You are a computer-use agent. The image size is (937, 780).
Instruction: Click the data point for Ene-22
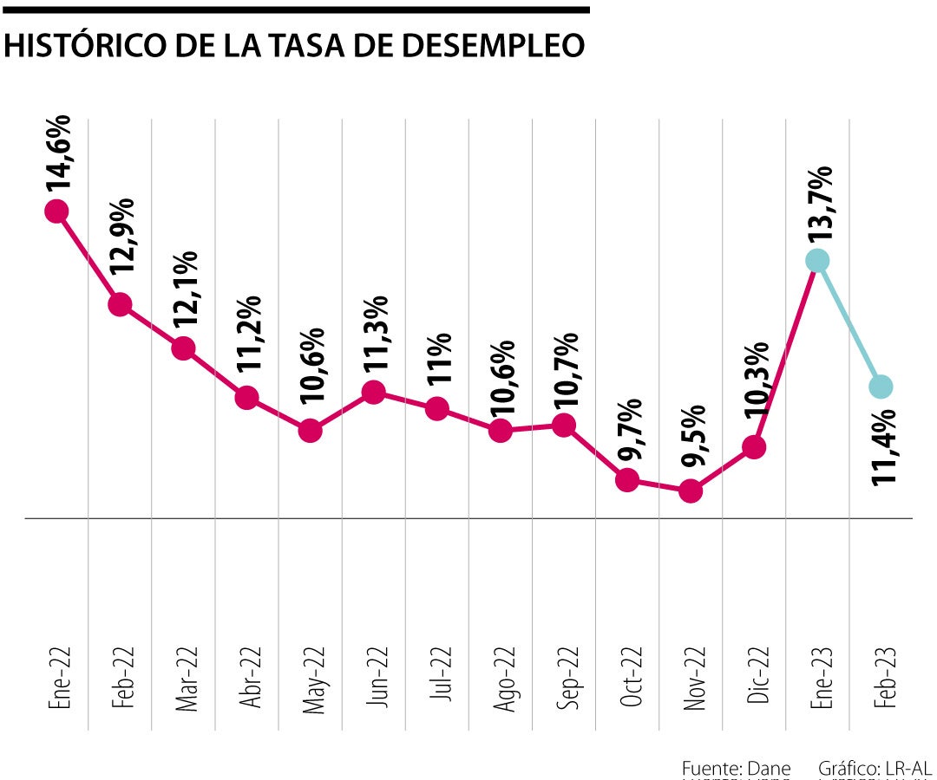point(56,211)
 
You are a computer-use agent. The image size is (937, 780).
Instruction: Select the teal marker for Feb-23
point(881,387)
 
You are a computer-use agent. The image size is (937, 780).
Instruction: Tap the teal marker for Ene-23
point(817,260)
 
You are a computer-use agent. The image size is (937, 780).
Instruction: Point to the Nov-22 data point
point(691,491)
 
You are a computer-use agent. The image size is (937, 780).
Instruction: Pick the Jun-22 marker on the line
point(373,392)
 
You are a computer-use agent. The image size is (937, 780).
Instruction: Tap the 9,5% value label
point(694,438)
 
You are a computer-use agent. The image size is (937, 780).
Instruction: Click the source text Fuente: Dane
point(736,768)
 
